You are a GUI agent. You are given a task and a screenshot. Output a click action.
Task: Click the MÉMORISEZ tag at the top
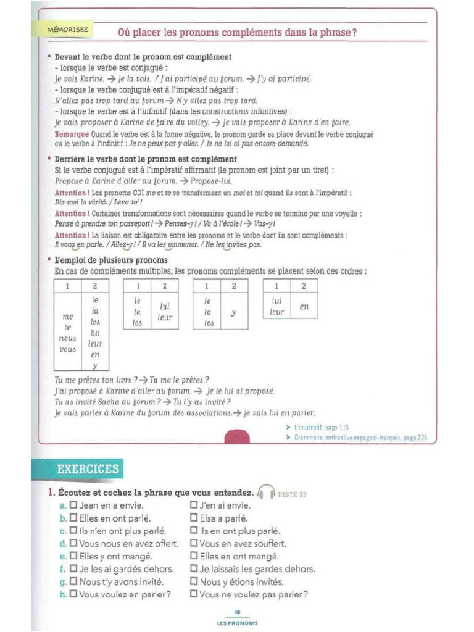point(68,29)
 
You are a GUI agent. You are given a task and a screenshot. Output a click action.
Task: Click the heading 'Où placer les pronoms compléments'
point(237,32)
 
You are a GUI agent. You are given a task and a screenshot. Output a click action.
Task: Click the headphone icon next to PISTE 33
point(266,493)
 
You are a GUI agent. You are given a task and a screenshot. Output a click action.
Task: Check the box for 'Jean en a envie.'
point(73,505)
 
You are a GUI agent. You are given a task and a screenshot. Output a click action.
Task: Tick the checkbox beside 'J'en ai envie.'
point(194,505)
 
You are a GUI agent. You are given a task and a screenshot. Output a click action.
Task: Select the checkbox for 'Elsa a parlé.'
point(194,518)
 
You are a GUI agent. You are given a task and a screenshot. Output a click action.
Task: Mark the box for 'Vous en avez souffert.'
point(194,544)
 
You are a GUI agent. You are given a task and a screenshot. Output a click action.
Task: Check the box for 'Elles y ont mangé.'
point(73,556)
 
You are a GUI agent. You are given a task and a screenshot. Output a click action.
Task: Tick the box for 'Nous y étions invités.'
point(194,581)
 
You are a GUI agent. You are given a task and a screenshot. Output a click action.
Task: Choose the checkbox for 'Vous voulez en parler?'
point(73,594)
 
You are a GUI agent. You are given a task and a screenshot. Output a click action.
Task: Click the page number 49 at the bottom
point(237,612)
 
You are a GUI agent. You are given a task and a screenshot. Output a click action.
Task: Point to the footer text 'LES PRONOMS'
point(237,623)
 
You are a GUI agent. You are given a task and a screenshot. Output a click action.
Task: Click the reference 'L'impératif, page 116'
point(321,426)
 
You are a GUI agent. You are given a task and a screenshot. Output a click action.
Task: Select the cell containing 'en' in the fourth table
point(304,306)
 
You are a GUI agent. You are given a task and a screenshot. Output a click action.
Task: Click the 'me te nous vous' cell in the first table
point(68,332)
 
